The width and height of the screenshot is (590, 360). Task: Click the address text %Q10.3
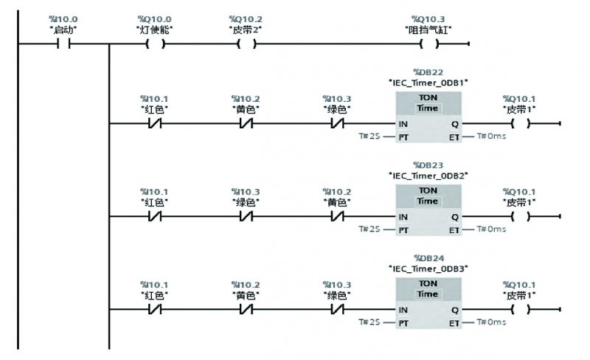(x=431, y=18)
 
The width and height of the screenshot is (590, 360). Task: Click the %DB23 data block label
(x=428, y=165)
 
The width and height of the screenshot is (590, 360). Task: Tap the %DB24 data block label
(x=428, y=258)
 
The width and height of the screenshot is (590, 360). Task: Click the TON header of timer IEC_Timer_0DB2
(x=428, y=190)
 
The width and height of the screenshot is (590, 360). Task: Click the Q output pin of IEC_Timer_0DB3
(x=454, y=310)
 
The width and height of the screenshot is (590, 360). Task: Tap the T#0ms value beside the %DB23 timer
(x=491, y=229)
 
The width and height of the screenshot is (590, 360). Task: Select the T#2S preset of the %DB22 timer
(x=369, y=136)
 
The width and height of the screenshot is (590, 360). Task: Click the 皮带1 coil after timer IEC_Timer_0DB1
(x=519, y=123)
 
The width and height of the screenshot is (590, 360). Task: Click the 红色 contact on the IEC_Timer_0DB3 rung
(x=155, y=310)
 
